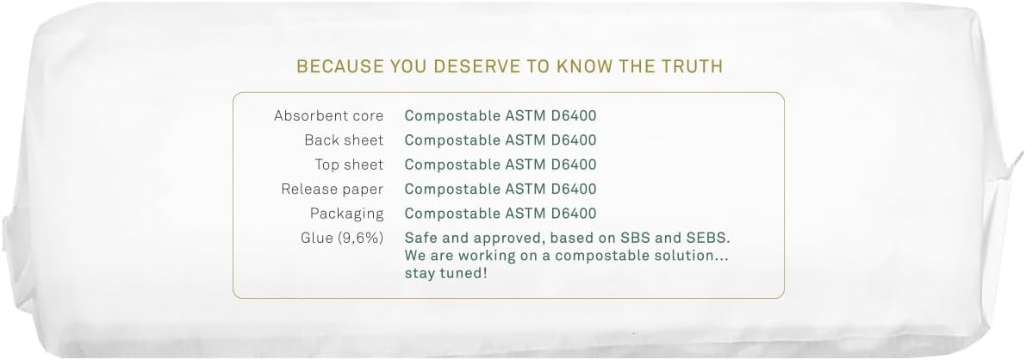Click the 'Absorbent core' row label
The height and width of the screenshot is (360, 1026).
click(x=328, y=116)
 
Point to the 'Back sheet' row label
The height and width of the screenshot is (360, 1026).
click(x=344, y=140)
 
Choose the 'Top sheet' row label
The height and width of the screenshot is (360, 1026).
click(x=349, y=164)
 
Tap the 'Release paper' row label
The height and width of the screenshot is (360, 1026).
click(x=332, y=189)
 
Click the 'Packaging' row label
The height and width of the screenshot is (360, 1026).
click(x=347, y=214)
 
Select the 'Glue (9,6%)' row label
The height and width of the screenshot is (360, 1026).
click(x=341, y=239)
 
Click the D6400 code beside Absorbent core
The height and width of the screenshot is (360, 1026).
click(x=574, y=116)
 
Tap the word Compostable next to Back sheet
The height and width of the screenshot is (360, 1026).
click(x=452, y=140)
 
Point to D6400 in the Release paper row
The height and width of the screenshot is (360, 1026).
click(x=574, y=189)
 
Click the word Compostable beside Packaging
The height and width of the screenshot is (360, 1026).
click(x=452, y=214)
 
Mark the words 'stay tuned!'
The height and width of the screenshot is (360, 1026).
click(x=445, y=273)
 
